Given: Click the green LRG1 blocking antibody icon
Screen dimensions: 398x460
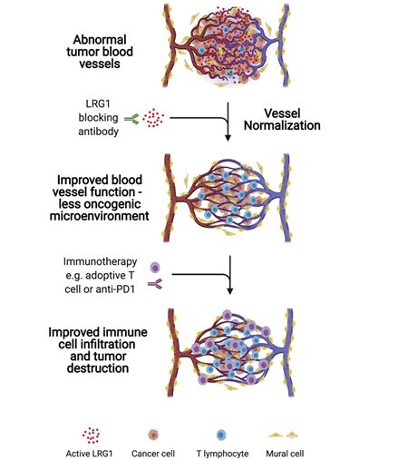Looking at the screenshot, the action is (131, 119).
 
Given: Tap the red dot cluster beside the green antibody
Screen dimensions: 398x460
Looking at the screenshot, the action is (153, 118).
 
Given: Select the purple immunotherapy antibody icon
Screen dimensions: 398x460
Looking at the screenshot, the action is (155, 284).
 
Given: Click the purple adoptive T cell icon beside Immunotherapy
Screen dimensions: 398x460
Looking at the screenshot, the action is (155, 268).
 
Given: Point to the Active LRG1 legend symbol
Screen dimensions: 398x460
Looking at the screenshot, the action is (91, 436).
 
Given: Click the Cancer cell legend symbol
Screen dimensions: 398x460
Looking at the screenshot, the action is (154, 435).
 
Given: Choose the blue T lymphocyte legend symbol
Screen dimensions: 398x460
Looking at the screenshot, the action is (221, 436).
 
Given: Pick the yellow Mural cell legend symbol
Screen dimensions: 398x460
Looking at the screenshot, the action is (283, 436).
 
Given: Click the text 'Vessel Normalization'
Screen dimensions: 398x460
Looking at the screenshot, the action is (282, 120).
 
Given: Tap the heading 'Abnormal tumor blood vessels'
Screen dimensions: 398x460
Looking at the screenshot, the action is (100, 52).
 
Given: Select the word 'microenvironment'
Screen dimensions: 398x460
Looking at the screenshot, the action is (100, 216).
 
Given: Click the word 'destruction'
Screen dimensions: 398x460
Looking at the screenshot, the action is (98, 368).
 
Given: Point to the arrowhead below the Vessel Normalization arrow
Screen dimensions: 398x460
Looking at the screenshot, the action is (228, 138).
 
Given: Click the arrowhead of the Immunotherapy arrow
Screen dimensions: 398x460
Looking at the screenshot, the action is (230, 291).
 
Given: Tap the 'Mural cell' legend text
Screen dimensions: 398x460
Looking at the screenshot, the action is (285, 454).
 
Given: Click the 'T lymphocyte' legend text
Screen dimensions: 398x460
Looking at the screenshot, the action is (222, 454).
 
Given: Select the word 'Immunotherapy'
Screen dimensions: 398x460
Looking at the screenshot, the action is (100, 261).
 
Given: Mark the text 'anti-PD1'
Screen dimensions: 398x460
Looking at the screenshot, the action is (115, 289).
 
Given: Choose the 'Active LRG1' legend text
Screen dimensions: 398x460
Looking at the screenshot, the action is (89, 454).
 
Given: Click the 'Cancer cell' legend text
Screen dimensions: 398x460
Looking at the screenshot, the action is (153, 454).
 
